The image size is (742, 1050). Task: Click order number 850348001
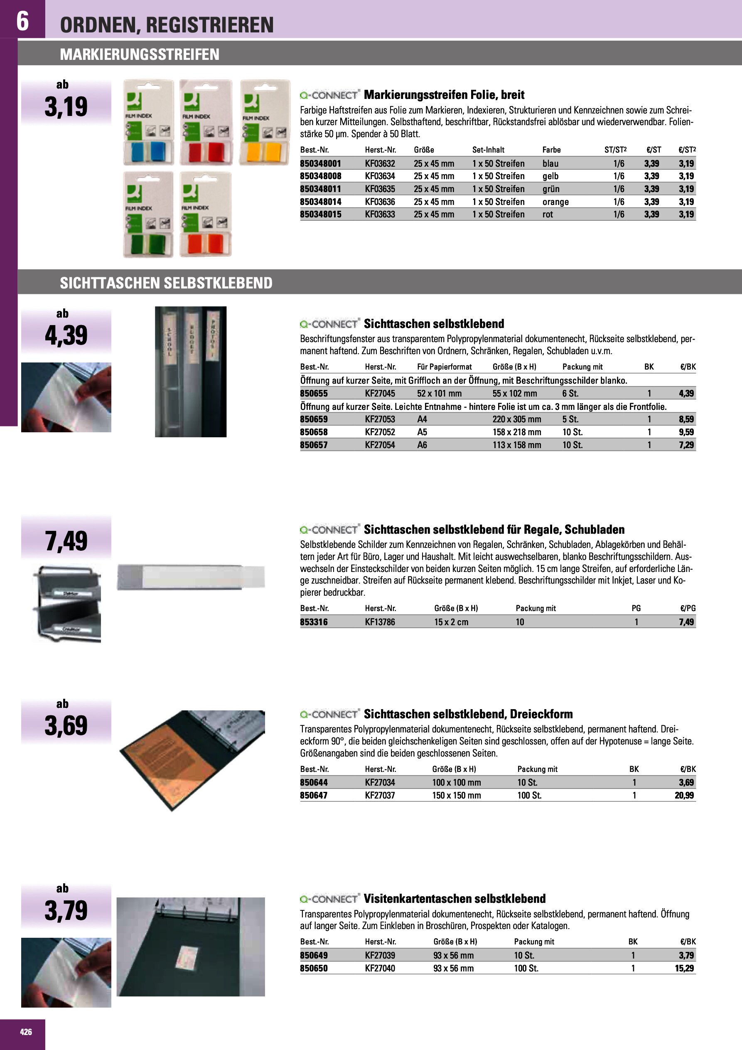click(320, 164)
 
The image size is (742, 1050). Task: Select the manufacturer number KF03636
click(379, 202)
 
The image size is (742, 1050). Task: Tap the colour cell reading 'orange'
click(555, 202)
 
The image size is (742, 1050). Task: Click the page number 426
click(26, 1032)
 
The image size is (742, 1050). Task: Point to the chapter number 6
click(22, 21)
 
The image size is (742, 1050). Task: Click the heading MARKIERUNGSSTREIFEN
click(140, 54)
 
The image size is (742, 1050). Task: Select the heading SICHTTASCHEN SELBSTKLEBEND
click(166, 283)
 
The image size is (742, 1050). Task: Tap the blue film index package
click(149, 123)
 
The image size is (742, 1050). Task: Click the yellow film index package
click(265, 123)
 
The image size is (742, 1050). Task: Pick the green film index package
click(149, 214)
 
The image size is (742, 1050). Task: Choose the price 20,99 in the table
click(684, 795)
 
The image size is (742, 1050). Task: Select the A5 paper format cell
click(422, 432)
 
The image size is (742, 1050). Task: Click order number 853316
click(314, 622)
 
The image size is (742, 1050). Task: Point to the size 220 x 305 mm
click(516, 419)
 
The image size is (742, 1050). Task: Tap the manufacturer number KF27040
click(379, 968)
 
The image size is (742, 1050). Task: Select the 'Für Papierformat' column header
click(444, 367)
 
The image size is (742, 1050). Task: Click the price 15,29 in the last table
click(684, 968)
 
